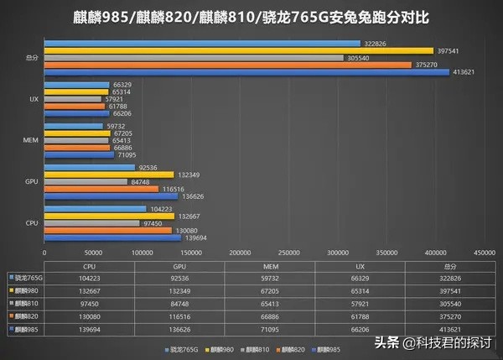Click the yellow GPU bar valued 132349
[109, 175]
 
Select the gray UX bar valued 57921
[71, 99]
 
